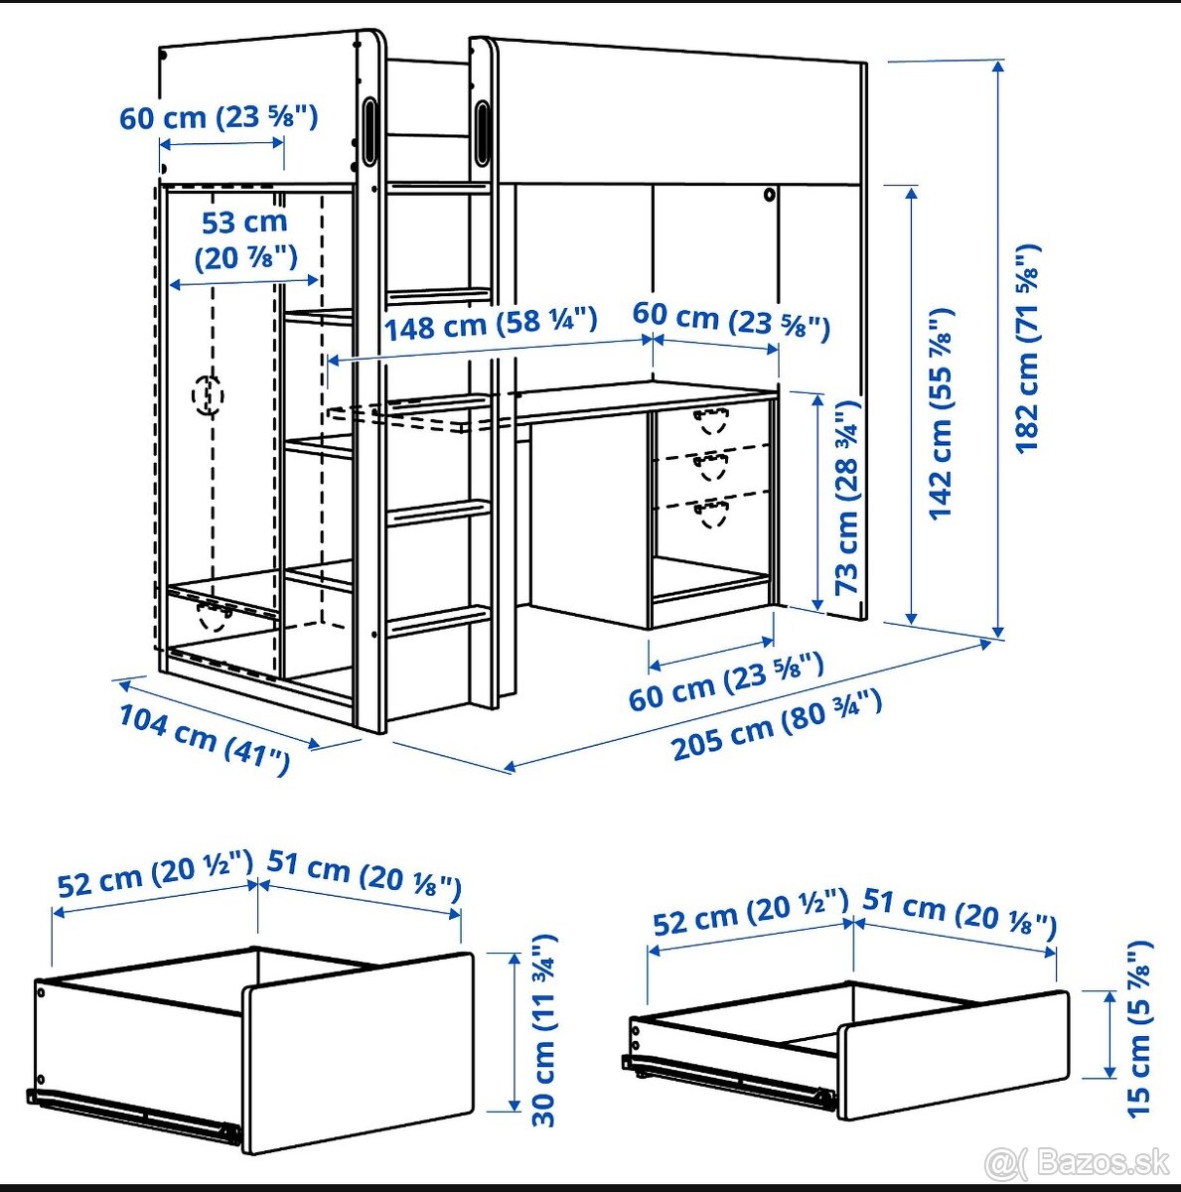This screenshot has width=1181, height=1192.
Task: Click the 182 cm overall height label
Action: tap(1028, 348)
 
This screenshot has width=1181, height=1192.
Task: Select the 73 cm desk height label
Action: tap(846, 497)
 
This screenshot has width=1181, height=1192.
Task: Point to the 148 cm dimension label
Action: tap(491, 324)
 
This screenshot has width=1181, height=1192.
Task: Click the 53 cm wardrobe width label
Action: tap(245, 239)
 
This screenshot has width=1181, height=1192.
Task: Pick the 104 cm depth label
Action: tap(204, 739)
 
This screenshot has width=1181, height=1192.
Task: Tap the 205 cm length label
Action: tap(776, 725)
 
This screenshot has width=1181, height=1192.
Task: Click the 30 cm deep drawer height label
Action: tap(544, 1029)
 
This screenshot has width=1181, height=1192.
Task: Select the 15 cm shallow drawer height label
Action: tap(1140, 1027)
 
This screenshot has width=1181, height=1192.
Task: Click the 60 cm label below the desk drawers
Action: tap(725, 681)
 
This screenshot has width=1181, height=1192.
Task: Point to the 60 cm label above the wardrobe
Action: tap(219, 117)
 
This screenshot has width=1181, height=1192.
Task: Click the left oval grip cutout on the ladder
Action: tap(370, 130)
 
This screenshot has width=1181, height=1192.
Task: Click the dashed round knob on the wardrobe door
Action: tap(209, 395)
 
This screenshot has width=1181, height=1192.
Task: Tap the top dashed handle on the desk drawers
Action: tap(711, 420)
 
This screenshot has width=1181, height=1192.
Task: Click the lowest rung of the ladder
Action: tap(438, 621)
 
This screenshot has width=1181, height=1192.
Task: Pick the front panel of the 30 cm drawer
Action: tap(358, 1053)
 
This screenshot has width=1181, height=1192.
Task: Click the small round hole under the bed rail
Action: tap(769, 196)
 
